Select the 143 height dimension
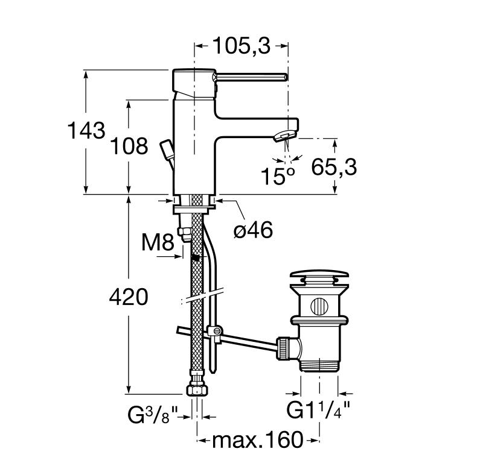click(86, 130)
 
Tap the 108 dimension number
click(129, 146)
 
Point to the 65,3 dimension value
click(334, 168)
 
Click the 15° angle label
click(278, 176)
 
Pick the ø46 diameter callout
click(253, 230)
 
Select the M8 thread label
click(158, 242)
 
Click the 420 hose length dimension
click(129, 297)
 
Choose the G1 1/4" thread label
click(318, 409)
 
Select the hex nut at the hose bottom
click(197, 390)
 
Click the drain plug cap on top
click(319, 273)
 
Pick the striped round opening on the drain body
click(319, 306)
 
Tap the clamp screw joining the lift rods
click(216, 332)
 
